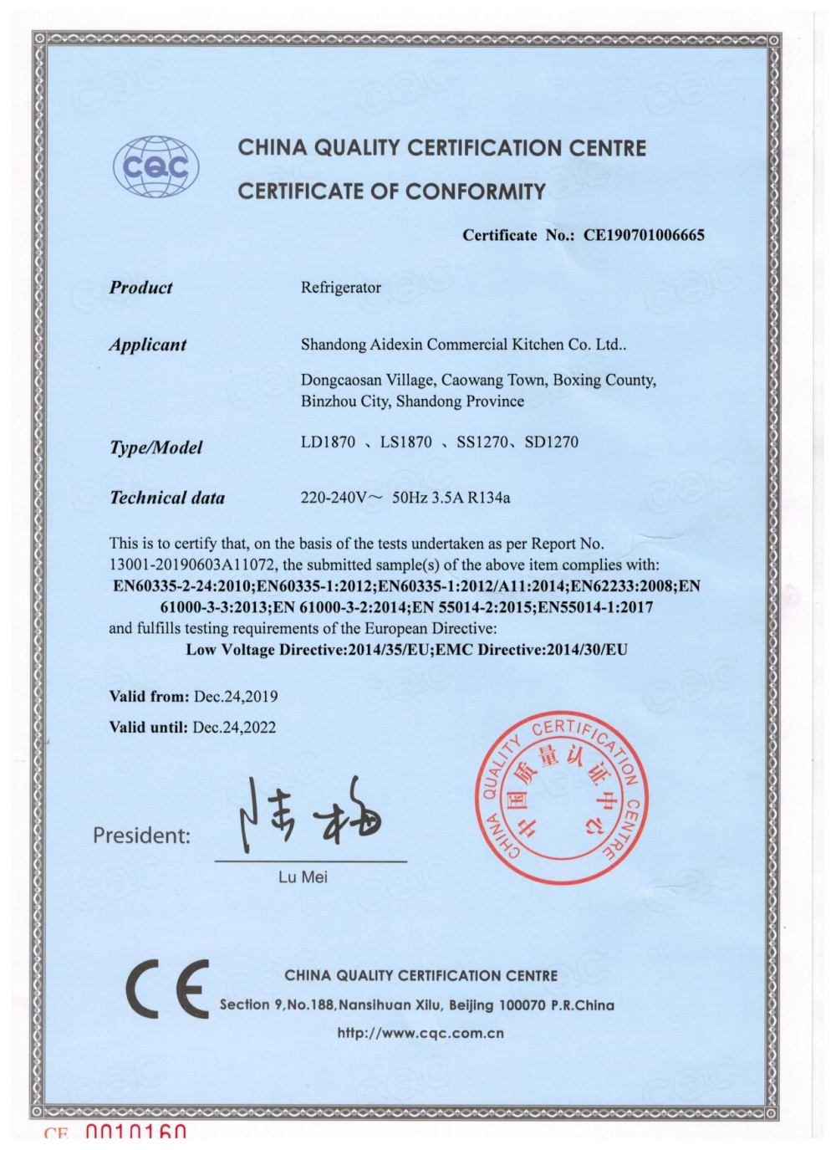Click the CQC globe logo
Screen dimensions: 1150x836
pyautogui.click(x=156, y=167)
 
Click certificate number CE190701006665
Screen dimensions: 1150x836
pyautogui.click(x=644, y=235)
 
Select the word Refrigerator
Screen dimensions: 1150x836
pyautogui.click(x=340, y=288)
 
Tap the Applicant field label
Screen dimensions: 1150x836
pyautogui.click(x=147, y=345)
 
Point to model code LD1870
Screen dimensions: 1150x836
pyautogui.click(x=328, y=442)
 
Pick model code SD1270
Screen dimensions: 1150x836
pyautogui.click(x=551, y=442)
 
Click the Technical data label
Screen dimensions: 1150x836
pyautogui.click(x=167, y=498)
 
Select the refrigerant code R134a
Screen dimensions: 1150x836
pyautogui.click(x=489, y=498)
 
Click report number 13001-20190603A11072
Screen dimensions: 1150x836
pyautogui.click(x=193, y=565)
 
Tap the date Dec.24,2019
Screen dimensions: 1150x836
pyautogui.click(x=236, y=696)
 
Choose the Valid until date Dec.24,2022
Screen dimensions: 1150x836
pyautogui.click(x=234, y=727)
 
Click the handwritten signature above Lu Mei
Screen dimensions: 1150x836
pyautogui.click(x=309, y=815)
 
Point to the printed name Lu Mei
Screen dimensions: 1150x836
pyautogui.click(x=303, y=877)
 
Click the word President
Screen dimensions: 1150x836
pyautogui.click(x=140, y=835)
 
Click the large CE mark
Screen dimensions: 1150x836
pyautogui.click(x=167, y=989)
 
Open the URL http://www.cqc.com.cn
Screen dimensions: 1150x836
pyautogui.click(x=421, y=1033)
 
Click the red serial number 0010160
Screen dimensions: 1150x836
pyautogui.click(x=135, y=1134)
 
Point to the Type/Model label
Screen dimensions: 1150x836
pyautogui.click(x=155, y=447)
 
